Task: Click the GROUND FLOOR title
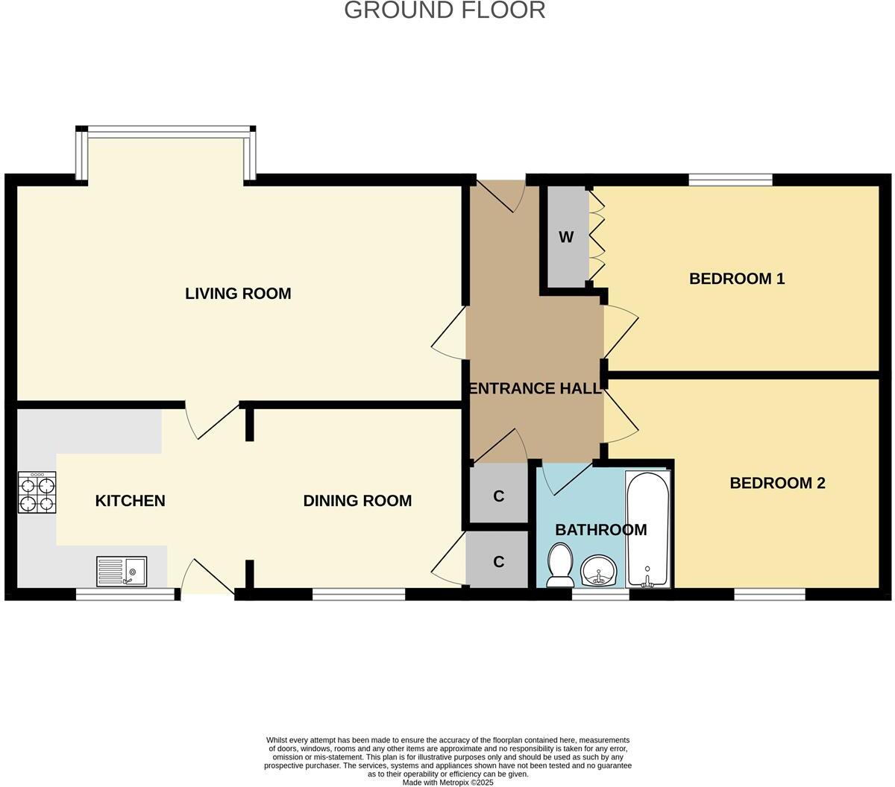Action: point(445,10)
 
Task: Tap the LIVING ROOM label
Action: point(238,294)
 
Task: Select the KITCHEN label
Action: point(130,501)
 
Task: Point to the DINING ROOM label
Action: point(357,501)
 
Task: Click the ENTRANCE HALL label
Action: point(534,388)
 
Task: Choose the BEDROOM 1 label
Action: point(736,279)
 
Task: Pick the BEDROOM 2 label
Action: point(777,483)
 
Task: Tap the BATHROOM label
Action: point(600,530)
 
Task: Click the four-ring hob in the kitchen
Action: point(37,493)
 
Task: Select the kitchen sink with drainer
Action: point(122,572)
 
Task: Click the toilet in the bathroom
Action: point(559,564)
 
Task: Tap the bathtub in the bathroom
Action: point(647,528)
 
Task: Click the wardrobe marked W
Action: point(567,237)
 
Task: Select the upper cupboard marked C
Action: point(499,496)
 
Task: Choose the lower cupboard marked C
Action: point(499,561)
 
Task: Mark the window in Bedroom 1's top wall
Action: point(730,179)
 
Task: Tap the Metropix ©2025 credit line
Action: point(447,783)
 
